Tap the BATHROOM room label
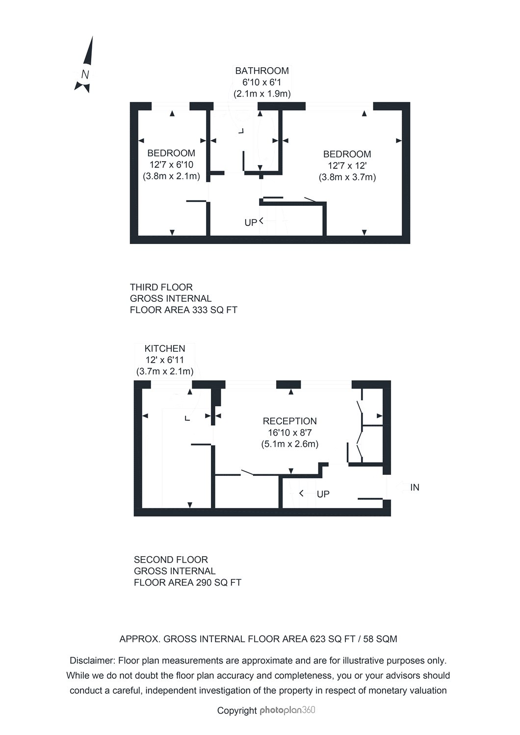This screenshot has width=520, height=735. click(262, 71)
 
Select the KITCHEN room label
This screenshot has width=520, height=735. click(165, 348)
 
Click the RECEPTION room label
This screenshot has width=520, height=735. click(289, 421)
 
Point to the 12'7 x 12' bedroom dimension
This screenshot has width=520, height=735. click(347, 166)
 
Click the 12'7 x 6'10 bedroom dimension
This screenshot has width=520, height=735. click(171, 165)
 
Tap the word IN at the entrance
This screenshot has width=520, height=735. click(415, 487)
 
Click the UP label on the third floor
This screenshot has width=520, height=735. click(250, 222)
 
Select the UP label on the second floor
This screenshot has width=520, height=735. click(323, 494)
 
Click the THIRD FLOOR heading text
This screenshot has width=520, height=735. click(161, 287)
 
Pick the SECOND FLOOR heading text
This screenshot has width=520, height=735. click(171, 560)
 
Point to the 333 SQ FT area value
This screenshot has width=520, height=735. click(211, 310)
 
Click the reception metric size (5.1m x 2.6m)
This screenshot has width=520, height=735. click(289, 444)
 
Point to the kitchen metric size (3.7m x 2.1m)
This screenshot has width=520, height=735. click(165, 371)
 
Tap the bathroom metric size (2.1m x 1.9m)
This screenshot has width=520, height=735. click(262, 93)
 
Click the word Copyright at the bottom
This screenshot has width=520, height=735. click(237, 710)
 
